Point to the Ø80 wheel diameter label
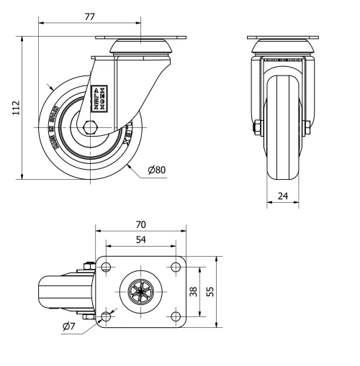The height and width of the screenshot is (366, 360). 156,170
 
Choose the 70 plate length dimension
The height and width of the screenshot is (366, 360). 141,224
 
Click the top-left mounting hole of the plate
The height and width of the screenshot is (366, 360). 107,267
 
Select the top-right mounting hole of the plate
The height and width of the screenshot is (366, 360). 174,267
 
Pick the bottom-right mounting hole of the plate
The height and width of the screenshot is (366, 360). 174,316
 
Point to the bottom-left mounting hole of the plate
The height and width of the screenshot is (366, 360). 107,316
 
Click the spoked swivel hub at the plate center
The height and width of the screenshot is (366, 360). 140,291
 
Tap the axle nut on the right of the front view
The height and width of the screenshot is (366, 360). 307,129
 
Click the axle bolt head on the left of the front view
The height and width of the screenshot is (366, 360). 257,129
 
